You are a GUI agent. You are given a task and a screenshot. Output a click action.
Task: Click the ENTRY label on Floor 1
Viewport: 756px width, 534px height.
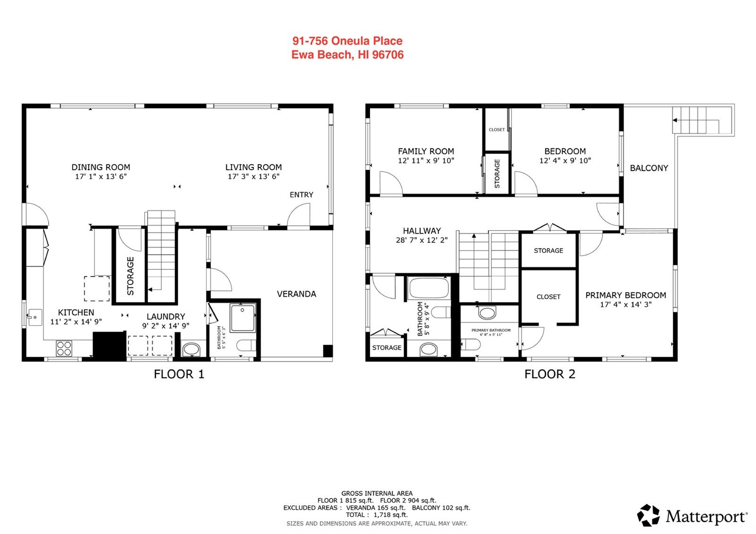pyautogui.click(x=301, y=195)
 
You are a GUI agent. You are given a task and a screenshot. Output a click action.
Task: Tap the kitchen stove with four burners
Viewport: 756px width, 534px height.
pyautogui.click(x=64, y=348)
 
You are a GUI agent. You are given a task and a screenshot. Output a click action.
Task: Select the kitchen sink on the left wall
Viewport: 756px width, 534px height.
pyautogui.click(x=35, y=317)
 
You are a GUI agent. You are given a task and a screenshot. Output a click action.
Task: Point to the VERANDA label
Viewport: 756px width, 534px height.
pyautogui.click(x=296, y=294)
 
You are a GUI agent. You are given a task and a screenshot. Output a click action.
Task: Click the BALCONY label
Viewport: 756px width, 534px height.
pyautogui.click(x=649, y=168)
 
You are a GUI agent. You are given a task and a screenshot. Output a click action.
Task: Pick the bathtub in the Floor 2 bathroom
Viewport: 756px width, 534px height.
pyautogui.click(x=429, y=288)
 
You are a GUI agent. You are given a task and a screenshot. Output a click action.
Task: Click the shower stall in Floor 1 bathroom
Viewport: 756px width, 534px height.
pyautogui.click(x=243, y=318)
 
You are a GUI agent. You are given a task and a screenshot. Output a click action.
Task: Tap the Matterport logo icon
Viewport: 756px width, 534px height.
pyautogui.click(x=648, y=516)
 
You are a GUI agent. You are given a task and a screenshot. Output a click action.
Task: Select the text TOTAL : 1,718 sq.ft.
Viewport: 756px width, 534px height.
pyautogui.click(x=377, y=515)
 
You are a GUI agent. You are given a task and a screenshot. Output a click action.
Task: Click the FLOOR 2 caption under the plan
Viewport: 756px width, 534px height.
pyautogui.click(x=550, y=374)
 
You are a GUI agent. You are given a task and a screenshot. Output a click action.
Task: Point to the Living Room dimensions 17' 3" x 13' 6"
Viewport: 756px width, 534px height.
pyautogui.click(x=253, y=177)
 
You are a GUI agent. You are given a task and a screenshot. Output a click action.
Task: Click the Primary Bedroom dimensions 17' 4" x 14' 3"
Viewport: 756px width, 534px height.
pyautogui.click(x=626, y=304)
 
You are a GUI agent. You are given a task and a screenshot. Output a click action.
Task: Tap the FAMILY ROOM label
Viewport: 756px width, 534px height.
pyautogui.click(x=426, y=151)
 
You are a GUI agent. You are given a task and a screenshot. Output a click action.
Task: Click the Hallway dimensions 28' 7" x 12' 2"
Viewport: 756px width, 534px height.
pyautogui.click(x=421, y=240)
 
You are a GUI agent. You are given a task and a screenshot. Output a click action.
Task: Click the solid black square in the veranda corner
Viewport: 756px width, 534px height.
pyautogui.click(x=328, y=350)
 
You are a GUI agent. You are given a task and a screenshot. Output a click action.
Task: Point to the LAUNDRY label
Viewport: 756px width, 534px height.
pyautogui.click(x=166, y=317)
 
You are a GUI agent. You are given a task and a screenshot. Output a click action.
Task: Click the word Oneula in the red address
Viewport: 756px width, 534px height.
pyautogui.click(x=350, y=41)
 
